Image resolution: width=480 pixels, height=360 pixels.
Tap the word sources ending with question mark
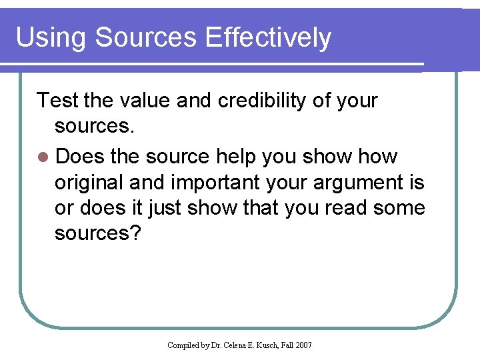coord(97,233)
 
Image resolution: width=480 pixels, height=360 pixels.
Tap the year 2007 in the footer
coord(303,345)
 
